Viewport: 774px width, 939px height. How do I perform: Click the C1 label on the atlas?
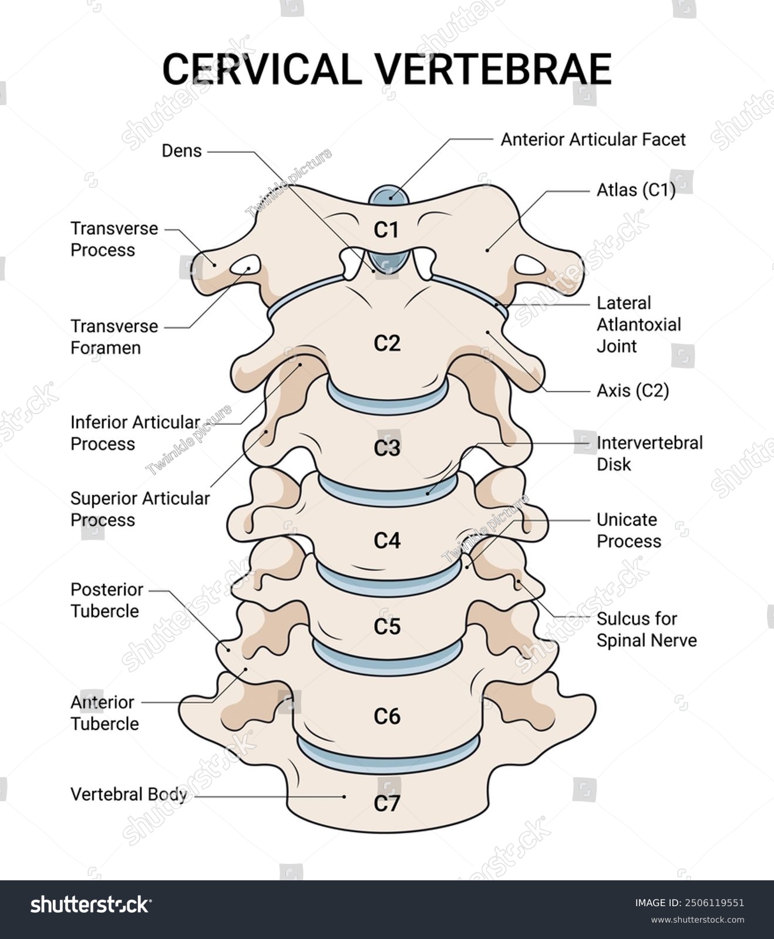pyautogui.click(x=386, y=230)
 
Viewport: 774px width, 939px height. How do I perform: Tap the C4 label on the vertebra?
pyautogui.click(x=387, y=540)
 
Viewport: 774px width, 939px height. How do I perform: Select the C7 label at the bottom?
pyautogui.click(x=387, y=803)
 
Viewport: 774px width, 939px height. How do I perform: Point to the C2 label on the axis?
pyautogui.click(x=387, y=343)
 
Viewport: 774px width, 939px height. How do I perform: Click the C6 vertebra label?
pyautogui.click(x=387, y=716)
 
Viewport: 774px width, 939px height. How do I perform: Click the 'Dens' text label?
pyautogui.click(x=181, y=151)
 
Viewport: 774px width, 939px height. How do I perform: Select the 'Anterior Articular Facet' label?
pyautogui.click(x=593, y=140)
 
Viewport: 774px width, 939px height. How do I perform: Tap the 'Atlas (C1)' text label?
pyautogui.click(x=636, y=190)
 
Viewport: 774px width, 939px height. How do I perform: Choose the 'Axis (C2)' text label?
pyautogui.click(x=632, y=390)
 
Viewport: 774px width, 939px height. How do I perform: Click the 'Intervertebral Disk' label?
pyautogui.click(x=649, y=453)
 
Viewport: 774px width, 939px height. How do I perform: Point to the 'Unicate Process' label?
pyautogui.click(x=628, y=530)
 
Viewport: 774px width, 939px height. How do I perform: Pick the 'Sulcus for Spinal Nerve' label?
pyautogui.click(x=646, y=629)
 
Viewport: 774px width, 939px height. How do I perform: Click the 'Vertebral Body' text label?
pyautogui.click(x=129, y=794)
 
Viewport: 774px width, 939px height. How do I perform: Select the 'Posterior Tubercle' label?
pyautogui.click(x=106, y=600)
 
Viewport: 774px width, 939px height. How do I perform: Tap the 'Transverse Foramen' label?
pyautogui.click(x=114, y=337)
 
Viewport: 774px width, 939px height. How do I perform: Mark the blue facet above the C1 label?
pyautogui.click(x=389, y=196)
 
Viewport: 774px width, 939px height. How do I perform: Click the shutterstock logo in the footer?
pyautogui.click(x=90, y=904)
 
